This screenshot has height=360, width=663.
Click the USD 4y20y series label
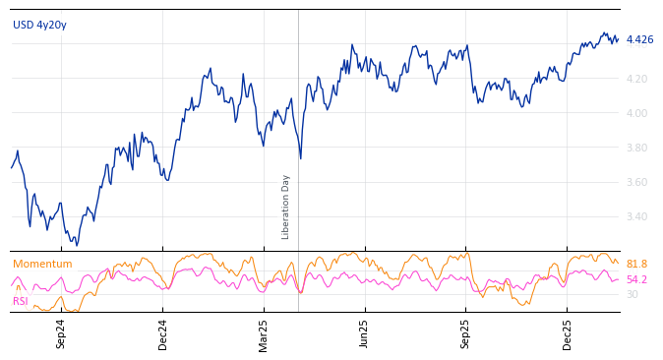coord(39,25)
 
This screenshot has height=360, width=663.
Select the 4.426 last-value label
coord(639,39)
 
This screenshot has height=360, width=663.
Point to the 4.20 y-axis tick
coord(636,79)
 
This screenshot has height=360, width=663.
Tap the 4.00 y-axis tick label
coord(636,113)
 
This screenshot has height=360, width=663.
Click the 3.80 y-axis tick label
coord(636,148)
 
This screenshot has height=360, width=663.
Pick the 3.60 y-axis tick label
coord(636,182)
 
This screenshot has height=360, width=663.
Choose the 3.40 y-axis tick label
coord(636,216)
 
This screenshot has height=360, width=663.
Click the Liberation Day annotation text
coord(286,207)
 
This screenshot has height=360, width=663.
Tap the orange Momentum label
coord(42,264)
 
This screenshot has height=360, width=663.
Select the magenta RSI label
coord(21,301)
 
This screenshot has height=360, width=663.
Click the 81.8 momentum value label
coord(636,264)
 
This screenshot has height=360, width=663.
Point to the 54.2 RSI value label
coord(636,279)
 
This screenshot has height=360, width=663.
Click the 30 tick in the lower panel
coord(632,294)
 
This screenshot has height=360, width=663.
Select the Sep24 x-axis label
coord(61,333)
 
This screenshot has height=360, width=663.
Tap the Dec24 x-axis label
coord(163,333)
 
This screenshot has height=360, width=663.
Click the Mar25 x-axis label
coord(264,333)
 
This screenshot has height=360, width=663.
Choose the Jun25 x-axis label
coord(364,333)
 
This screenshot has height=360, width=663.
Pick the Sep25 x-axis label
coord(465,333)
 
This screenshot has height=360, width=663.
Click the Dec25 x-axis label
coord(567,333)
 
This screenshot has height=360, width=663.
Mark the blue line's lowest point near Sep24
coord(77,245)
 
